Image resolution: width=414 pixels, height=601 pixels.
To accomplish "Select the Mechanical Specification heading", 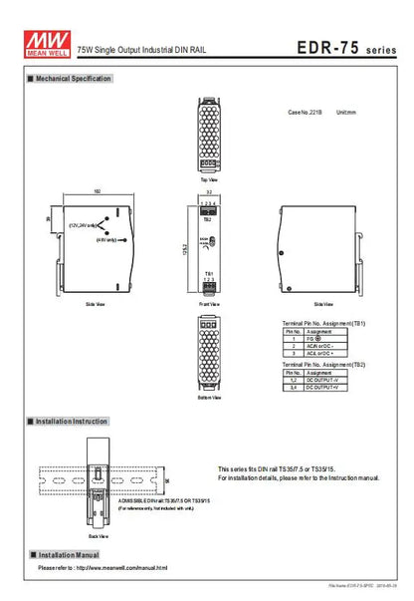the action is coord(74,78).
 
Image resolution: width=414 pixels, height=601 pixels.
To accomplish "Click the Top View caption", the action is coord(208,179).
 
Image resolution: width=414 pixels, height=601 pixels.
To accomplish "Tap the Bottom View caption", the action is coord(208,398).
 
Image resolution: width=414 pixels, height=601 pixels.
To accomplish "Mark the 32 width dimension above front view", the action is coord(208,189).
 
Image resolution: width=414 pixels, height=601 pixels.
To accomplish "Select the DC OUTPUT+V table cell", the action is coord(323,388).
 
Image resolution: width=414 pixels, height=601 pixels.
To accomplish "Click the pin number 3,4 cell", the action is coord(293,388).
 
